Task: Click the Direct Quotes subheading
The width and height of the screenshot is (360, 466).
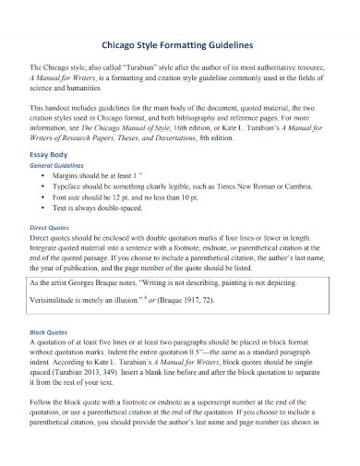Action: click(51, 227)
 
